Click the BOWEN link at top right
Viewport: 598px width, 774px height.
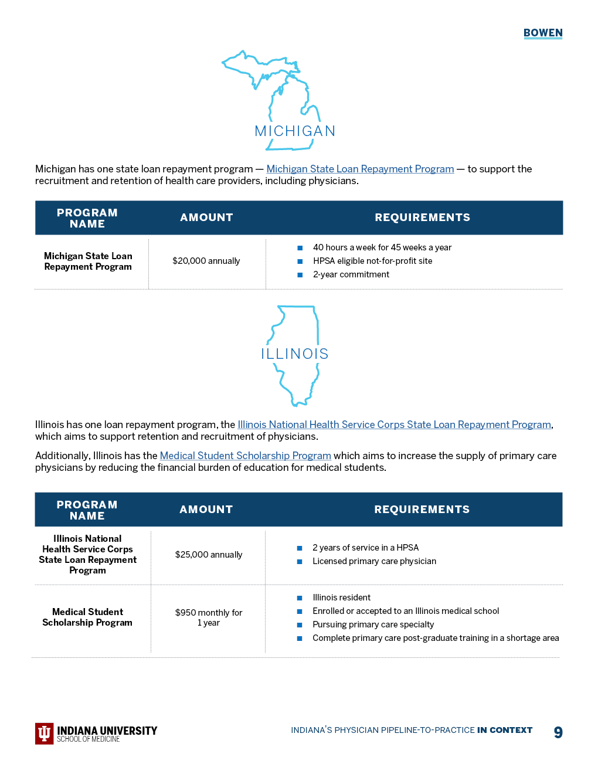[x=543, y=33]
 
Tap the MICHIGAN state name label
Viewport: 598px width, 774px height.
[x=295, y=131]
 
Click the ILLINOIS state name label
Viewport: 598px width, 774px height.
[x=295, y=354]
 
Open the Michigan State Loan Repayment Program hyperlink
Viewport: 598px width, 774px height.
[x=360, y=169]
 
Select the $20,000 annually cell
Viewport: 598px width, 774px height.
[x=206, y=261]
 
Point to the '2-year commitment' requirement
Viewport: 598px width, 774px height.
[x=351, y=274]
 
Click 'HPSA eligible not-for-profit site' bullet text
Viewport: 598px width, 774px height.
[x=372, y=261]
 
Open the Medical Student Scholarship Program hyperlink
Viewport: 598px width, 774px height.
[x=245, y=456]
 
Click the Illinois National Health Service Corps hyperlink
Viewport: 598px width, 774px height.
[x=394, y=425]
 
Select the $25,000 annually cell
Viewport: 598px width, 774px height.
[x=209, y=555]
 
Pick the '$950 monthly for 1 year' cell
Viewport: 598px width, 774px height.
[x=209, y=617]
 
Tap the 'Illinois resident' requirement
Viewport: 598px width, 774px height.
[x=341, y=598]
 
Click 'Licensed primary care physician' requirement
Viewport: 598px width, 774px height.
[x=374, y=561]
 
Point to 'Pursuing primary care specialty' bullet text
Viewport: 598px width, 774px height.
[x=373, y=624]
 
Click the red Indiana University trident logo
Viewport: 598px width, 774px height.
[x=45, y=733]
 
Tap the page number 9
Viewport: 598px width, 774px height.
[x=558, y=732]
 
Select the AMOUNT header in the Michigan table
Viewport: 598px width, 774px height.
[x=206, y=218]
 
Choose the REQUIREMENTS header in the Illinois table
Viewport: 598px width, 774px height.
[x=422, y=510]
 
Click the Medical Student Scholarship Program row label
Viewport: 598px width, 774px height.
[x=87, y=617]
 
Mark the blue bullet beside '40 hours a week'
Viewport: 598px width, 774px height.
[x=300, y=248]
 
